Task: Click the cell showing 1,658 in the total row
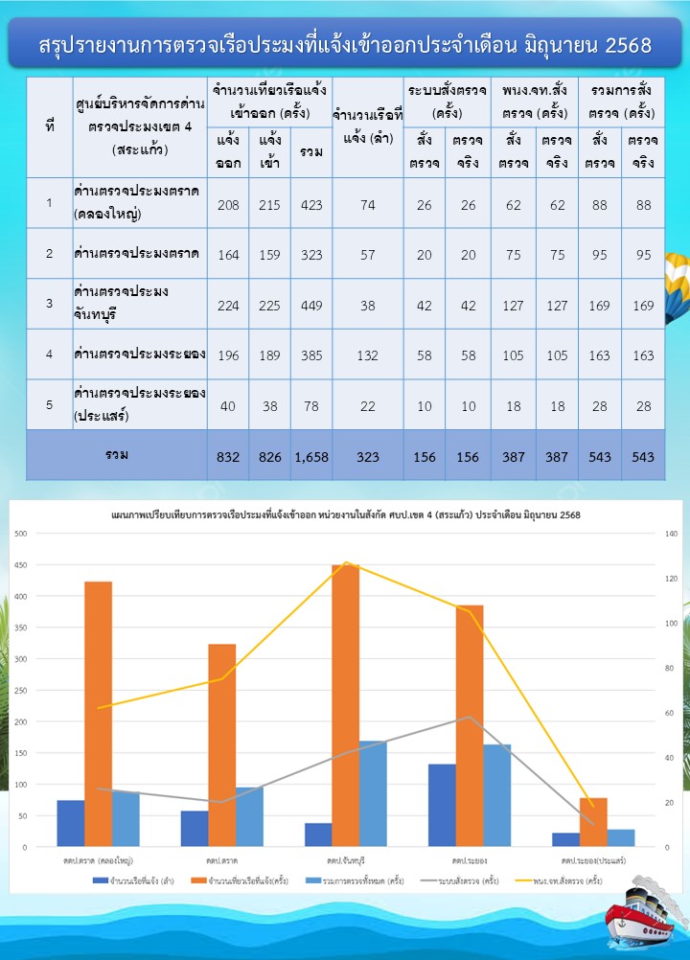click(x=311, y=457)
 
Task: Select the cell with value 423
click(x=311, y=202)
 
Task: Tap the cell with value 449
click(x=311, y=304)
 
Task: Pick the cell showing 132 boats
click(x=368, y=354)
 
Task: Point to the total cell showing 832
click(x=228, y=457)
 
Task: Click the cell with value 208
click(x=228, y=202)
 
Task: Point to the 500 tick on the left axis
click(x=21, y=533)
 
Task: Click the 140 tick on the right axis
click(x=670, y=533)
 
